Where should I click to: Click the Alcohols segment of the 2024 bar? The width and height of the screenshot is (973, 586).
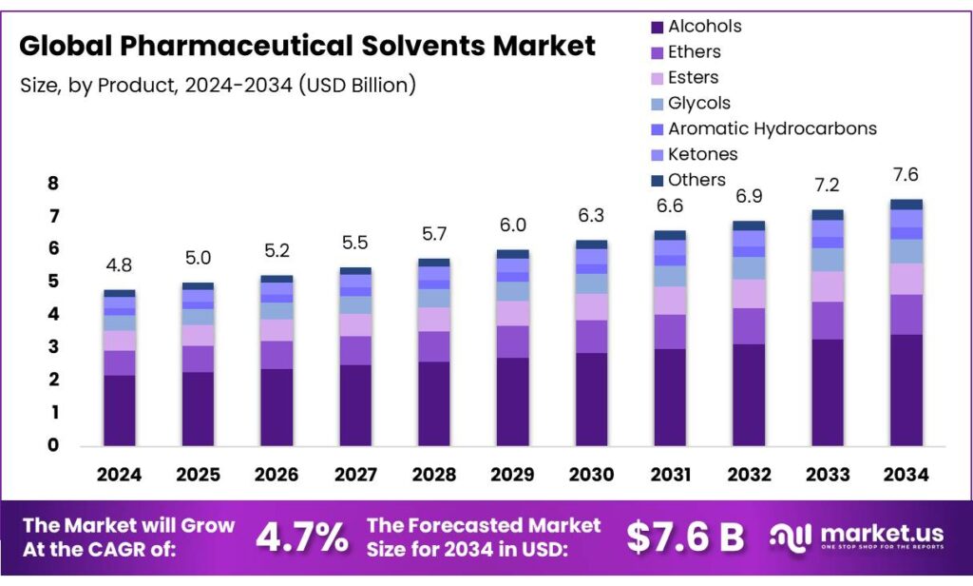pos(120,410)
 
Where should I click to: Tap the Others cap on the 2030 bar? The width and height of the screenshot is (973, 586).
pos(591,244)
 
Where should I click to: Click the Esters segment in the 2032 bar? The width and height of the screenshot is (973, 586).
pos(748,294)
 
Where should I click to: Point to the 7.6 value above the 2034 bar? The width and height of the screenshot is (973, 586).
pos(905,175)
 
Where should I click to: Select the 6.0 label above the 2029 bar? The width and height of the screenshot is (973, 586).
pos(512,225)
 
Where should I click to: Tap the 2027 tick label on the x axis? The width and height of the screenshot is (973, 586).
pos(355,474)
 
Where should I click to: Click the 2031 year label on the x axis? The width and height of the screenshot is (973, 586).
pos(669,474)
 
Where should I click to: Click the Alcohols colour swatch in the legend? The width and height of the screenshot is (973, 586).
pos(655,27)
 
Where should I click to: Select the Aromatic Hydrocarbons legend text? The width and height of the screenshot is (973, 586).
pos(772,128)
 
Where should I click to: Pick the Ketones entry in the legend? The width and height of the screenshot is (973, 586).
pos(702,154)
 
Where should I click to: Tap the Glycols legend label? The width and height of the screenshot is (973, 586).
pos(699,103)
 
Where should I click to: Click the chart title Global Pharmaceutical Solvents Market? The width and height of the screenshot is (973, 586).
pos(308,46)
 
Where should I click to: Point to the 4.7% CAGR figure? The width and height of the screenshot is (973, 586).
pos(301,537)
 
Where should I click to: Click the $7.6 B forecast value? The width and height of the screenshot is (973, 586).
pos(684,537)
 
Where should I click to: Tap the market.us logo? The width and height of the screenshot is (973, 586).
pos(860,537)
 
